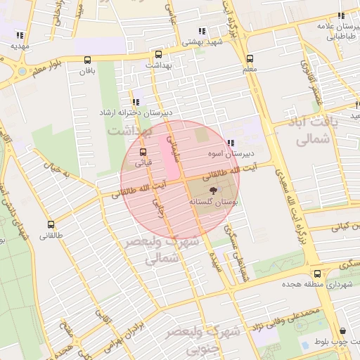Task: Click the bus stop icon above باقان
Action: (87, 60)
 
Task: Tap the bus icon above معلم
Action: (249, 59)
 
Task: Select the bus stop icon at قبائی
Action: (143, 152)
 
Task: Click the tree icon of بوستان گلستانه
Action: (212, 191)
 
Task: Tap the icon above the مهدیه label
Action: (20, 35)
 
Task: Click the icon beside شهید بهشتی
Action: (202, 31)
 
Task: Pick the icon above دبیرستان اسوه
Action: (231, 143)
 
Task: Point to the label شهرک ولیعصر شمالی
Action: (162, 250)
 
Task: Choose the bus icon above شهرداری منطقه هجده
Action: (318, 274)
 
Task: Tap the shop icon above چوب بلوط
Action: (342, 330)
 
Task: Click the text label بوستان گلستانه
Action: (212, 202)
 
